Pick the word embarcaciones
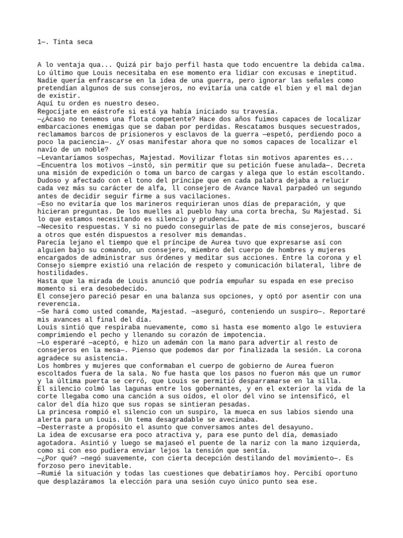(62, 127)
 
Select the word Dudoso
(49, 181)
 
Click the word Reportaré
(345, 312)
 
